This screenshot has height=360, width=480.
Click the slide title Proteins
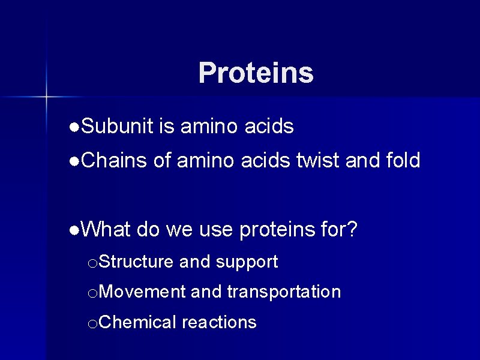pos(256,73)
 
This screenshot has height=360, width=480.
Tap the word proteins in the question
pos(276,229)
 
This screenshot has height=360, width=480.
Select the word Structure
pos(136,262)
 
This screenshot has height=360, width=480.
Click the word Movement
pos(142,292)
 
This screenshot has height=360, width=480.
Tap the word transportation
pos(284,292)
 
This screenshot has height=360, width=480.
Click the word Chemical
pos(137,323)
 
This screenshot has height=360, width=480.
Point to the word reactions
pos(219,323)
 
